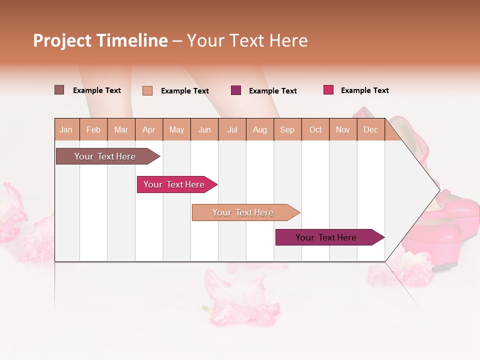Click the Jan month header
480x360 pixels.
[x=66, y=129]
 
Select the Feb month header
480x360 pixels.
[x=93, y=129]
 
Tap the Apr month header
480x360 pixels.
[x=149, y=129]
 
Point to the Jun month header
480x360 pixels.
[x=204, y=129]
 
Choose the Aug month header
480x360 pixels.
[x=260, y=129]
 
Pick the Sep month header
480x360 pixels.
[x=287, y=129]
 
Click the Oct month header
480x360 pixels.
[x=315, y=129]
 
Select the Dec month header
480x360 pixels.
[x=371, y=129]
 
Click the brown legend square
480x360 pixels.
[x=59, y=90]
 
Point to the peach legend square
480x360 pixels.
[x=147, y=90]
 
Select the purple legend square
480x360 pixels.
[x=236, y=90]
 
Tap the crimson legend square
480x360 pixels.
[x=328, y=90]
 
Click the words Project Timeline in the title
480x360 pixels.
[x=100, y=40]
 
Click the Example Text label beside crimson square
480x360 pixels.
[x=364, y=90]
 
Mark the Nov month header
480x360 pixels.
[x=343, y=129]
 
